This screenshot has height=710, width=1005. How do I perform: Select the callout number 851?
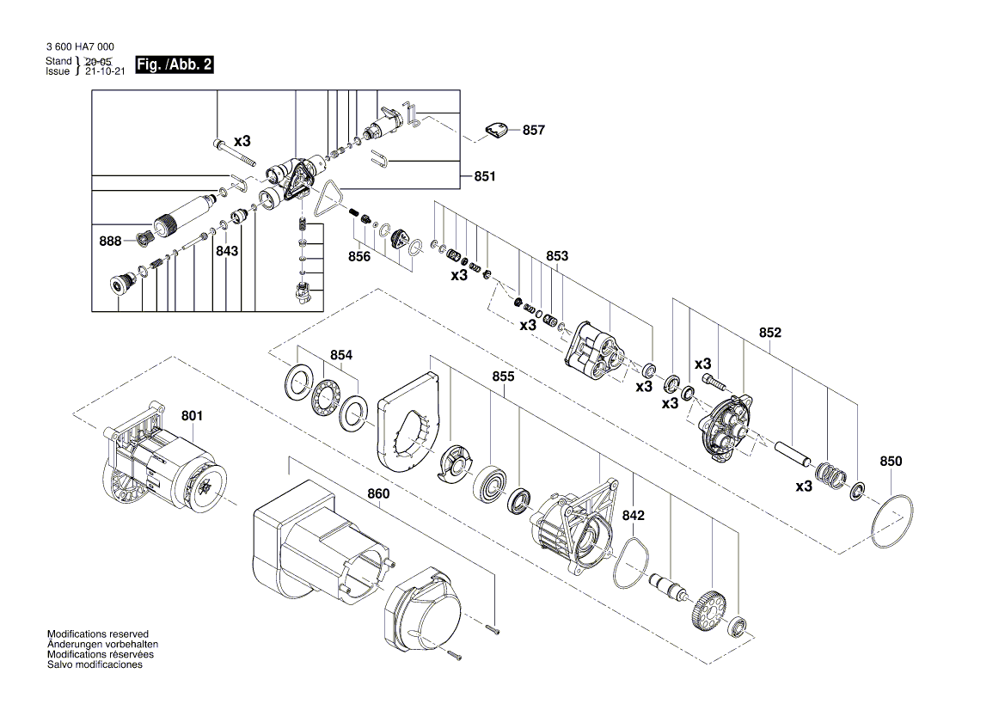(x=485, y=177)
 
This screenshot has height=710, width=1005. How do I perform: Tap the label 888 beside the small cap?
(x=109, y=242)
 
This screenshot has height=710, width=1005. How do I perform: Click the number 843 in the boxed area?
(x=227, y=251)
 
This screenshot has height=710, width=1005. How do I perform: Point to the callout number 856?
(x=359, y=256)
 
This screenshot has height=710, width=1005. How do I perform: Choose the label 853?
(x=557, y=256)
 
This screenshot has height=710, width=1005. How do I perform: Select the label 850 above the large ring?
(x=891, y=462)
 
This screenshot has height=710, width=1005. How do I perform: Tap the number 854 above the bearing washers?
(x=341, y=354)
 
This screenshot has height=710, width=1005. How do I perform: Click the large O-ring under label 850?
(x=891, y=522)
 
